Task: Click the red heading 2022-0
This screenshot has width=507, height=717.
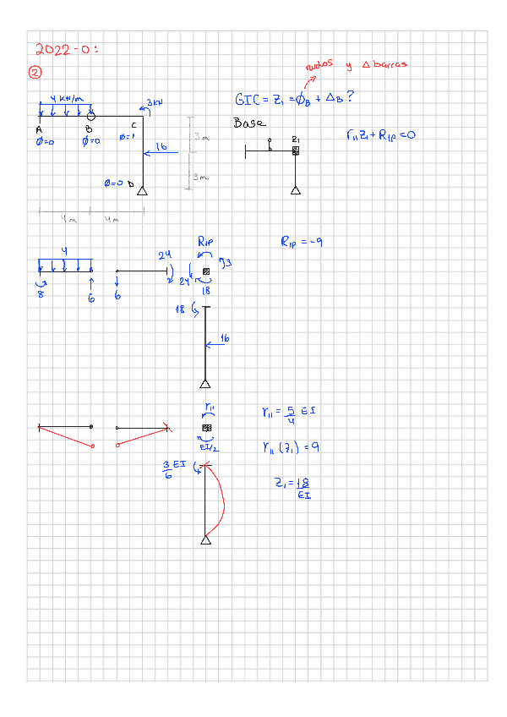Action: point(67,49)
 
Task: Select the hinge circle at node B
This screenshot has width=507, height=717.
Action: point(90,116)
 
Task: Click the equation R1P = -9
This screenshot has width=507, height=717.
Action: point(302,243)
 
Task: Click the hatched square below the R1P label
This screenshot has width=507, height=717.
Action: point(205,271)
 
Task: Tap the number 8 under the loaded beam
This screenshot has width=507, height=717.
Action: point(40,294)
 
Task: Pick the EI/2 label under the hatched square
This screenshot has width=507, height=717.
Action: point(209,448)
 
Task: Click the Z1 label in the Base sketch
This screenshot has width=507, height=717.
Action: point(295,139)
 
